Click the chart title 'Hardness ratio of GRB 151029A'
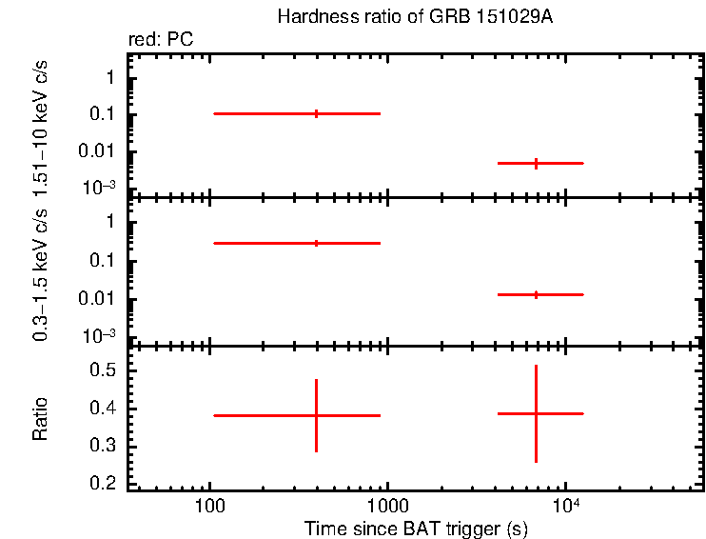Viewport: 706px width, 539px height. (413, 18)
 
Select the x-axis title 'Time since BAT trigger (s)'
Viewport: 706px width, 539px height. (416, 528)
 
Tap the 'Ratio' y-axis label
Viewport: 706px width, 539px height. (41, 419)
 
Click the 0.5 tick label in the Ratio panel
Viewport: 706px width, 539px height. (104, 370)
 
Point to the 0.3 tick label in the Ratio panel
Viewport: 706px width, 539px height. (104, 447)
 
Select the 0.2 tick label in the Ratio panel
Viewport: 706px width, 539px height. (104, 485)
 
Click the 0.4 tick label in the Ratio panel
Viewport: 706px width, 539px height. (104, 409)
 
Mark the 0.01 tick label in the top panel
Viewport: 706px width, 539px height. (99, 151)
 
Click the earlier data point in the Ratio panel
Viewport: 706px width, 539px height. (316, 415)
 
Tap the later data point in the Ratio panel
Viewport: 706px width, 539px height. (536, 413)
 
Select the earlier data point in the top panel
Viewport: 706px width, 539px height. (316, 113)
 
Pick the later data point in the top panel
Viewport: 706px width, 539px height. (536, 163)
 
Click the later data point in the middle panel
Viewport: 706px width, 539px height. (536, 294)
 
